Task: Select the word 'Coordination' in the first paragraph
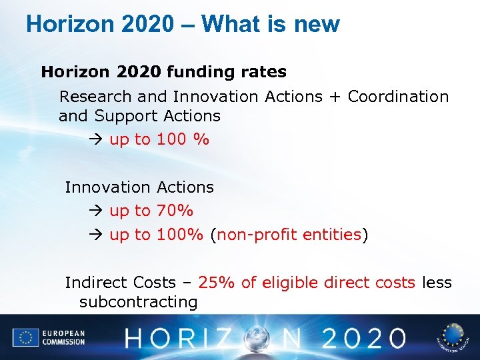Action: [398, 96]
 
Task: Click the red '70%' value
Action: [175, 211]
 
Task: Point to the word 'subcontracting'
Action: [138, 302]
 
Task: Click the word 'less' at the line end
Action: [437, 283]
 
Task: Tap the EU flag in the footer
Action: [26, 337]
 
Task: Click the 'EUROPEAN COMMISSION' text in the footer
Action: [63, 337]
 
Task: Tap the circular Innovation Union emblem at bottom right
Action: [453, 337]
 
